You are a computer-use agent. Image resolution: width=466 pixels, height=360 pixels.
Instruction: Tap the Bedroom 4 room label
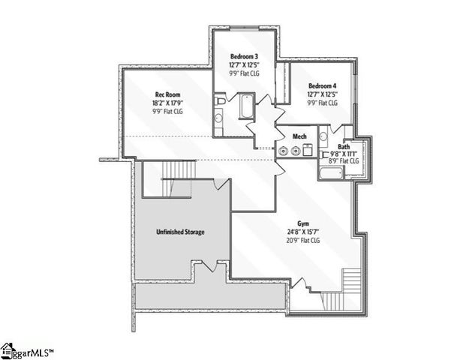pyautogui.click(x=322, y=85)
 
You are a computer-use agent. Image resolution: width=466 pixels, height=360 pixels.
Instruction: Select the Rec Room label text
pyautogui.click(x=167, y=94)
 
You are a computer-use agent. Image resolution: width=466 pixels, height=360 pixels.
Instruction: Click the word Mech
pyautogui.click(x=299, y=136)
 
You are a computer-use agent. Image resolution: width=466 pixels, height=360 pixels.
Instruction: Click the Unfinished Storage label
pyautogui.click(x=181, y=232)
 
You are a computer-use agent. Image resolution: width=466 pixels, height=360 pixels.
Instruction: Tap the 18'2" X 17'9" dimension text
pyautogui.click(x=167, y=103)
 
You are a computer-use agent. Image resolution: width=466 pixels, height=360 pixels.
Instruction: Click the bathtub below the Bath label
pyautogui.click(x=331, y=174)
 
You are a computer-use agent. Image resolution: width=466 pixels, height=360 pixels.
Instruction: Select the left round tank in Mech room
pyautogui.click(x=284, y=151)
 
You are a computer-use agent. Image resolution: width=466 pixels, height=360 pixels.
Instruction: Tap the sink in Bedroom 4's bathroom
pyautogui.click(x=323, y=136)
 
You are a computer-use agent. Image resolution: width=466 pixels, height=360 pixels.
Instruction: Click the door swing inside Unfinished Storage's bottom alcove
pyautogui.click(x=212, y=266)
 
